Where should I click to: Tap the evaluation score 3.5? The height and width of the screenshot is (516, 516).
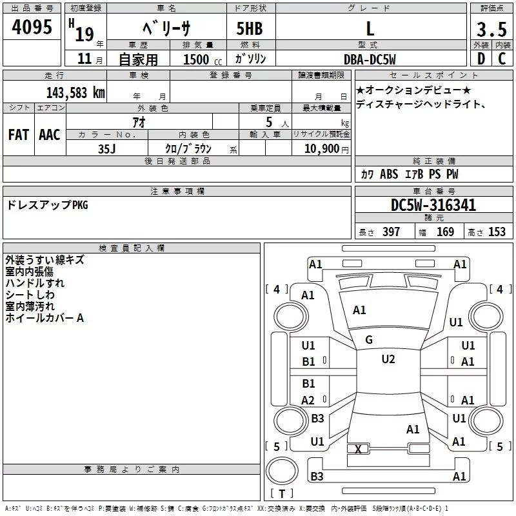coord(490,29)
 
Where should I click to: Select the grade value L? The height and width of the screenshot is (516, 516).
coord(370,28)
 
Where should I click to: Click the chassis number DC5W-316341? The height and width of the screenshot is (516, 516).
coord(433,206)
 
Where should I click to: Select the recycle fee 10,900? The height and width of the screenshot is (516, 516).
coord(321,148)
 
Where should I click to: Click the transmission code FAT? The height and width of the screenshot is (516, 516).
coord(18,135)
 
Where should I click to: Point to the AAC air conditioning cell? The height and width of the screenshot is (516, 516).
coord(49,135)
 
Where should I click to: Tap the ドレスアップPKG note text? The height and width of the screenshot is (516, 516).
coord(46,206)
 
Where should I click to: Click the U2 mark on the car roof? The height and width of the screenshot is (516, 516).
coord(388,359)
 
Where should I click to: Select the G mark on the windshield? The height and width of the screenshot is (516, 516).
coord(368,340)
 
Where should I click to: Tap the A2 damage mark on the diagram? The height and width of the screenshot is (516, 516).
coord(308,401)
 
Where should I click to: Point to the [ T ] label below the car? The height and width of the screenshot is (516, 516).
coord(281,493)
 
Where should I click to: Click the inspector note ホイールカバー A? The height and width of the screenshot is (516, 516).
coord(45,318)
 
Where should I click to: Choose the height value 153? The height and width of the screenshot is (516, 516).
coord(497,232)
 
